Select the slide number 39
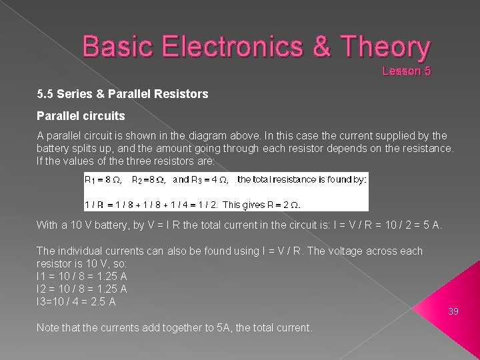[454, 311]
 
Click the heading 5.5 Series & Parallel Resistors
[123, 95]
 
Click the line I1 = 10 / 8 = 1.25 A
[77, 276]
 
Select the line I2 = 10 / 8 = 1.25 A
[77, 289]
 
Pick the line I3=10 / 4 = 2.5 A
[77, 301]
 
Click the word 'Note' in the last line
[48, 327]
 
